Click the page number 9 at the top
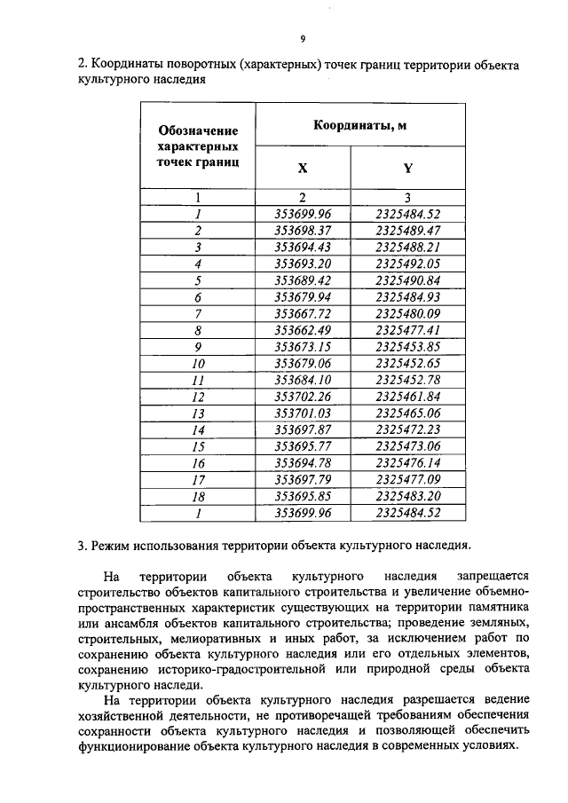[303, 40]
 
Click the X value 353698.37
[303, 230]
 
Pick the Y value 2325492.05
[408, 264]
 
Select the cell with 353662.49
[303, 330]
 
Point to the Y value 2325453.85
[408, 347]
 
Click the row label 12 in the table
[198, 397]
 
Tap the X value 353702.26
[303, 397]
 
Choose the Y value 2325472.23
[408, 430]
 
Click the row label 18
[198, 497]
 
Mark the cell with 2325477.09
[408, 480]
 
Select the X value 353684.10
[303, 381]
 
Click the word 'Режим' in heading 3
[112, 544]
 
